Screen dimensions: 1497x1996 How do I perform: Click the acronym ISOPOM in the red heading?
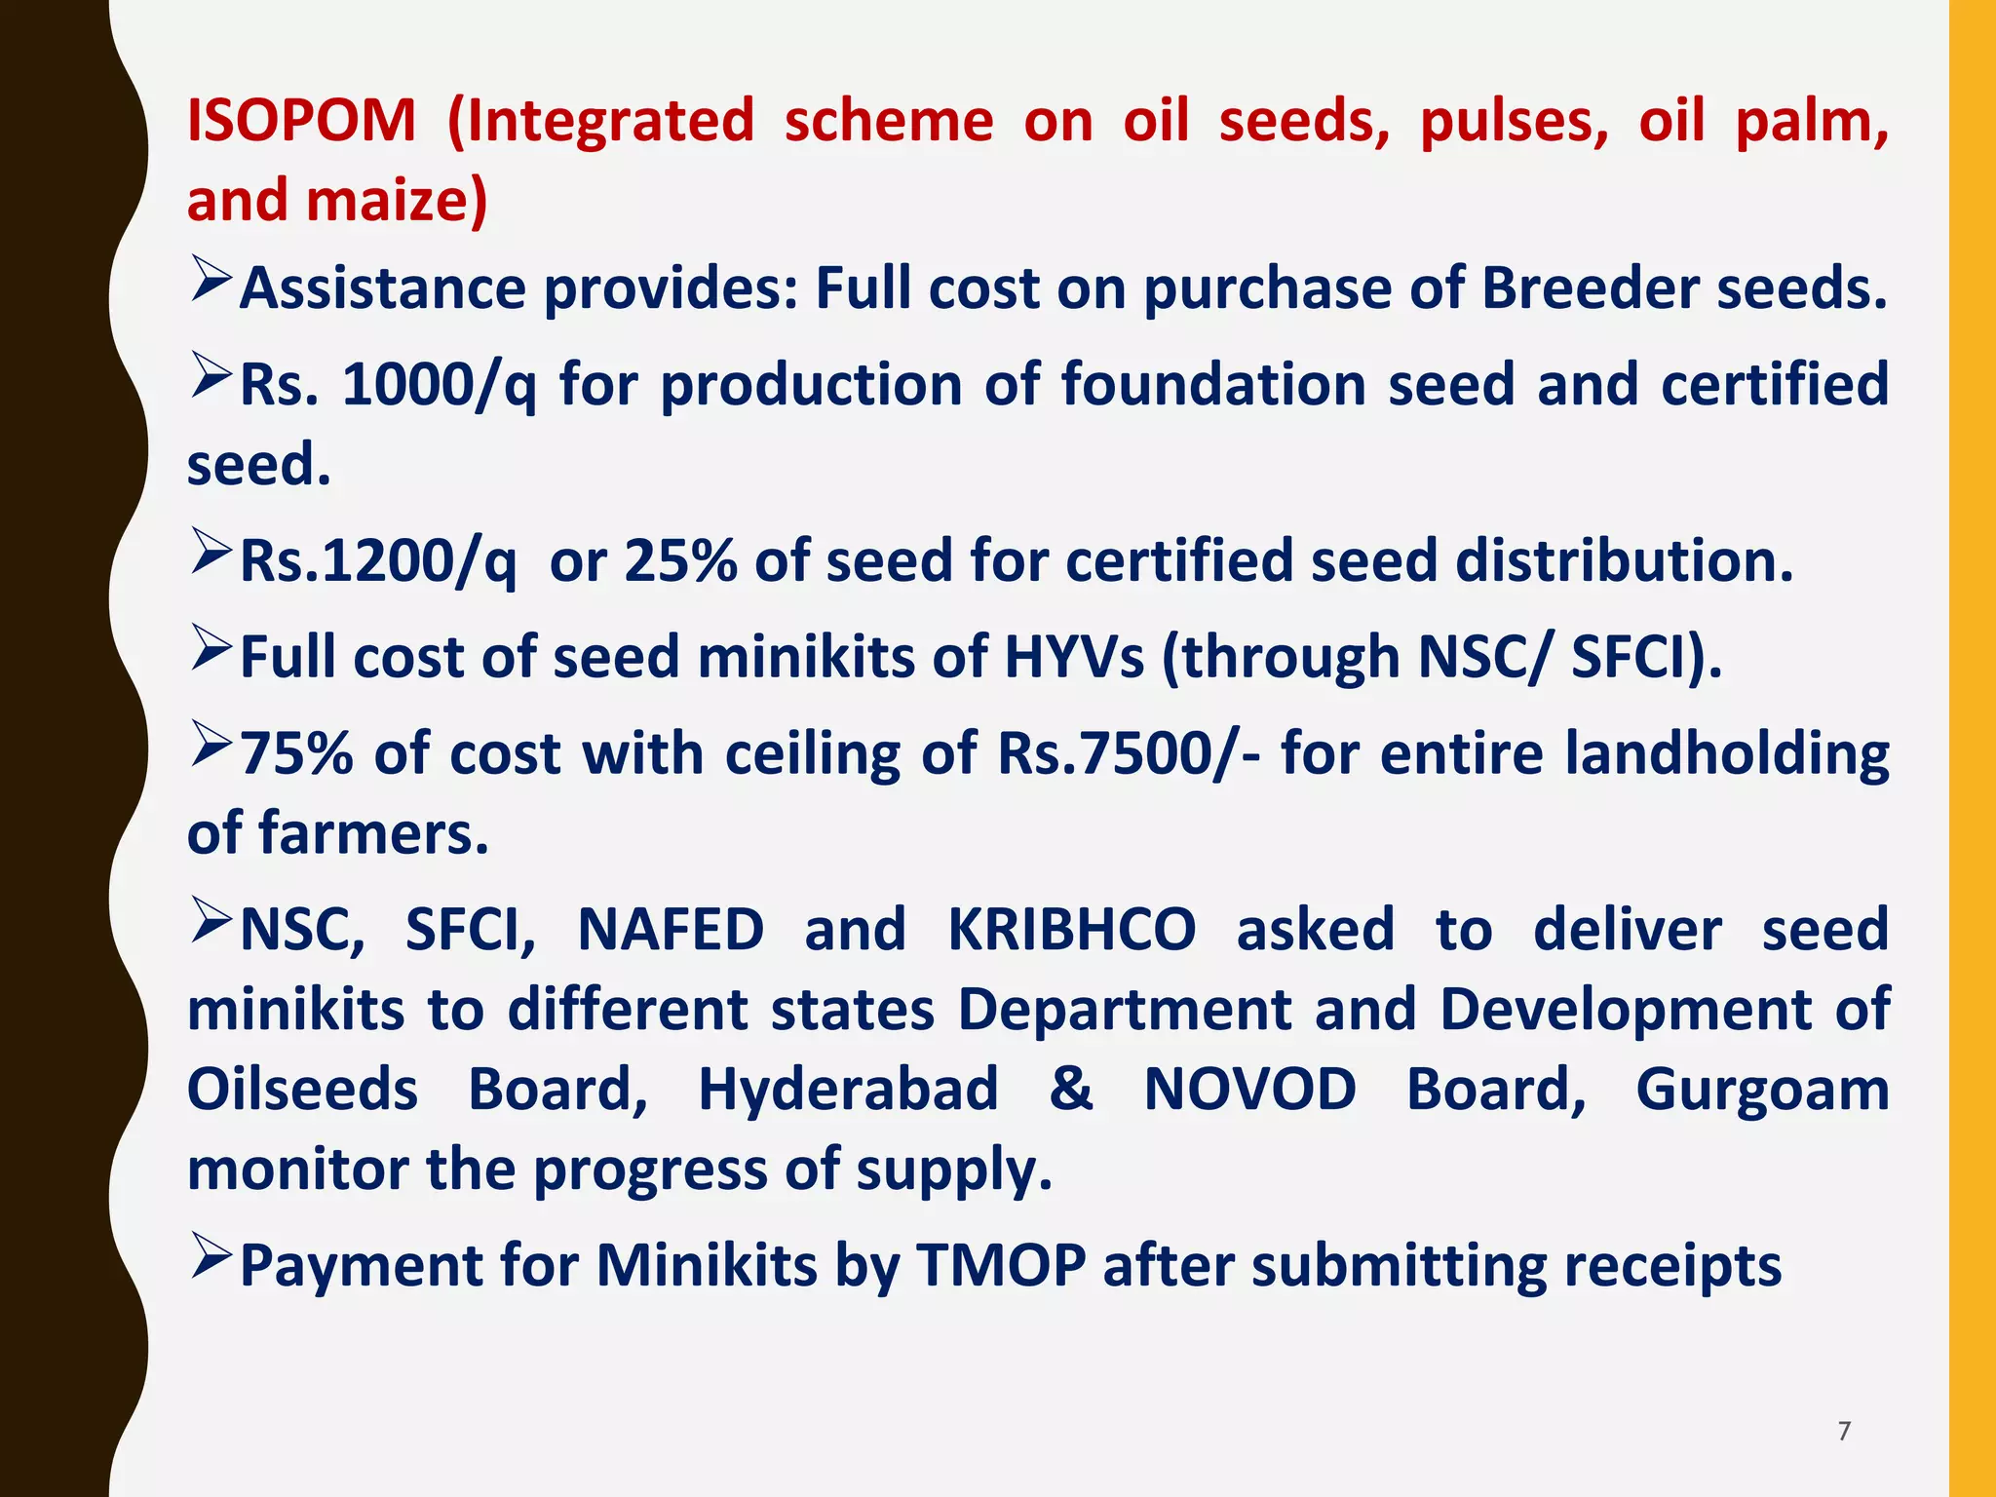[301, 121]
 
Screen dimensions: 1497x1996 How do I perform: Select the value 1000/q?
[439, 385]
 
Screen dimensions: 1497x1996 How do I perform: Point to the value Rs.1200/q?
[378, 562]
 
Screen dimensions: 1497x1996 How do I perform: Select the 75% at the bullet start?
[296, 754]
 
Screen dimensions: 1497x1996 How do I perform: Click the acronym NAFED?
[671, 930]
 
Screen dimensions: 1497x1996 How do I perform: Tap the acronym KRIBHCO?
[1071, 930]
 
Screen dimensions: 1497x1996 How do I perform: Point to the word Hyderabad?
[848, 1090]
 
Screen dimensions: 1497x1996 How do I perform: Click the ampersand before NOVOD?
[1070, 1090]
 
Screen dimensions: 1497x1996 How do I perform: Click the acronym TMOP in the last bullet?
[1001, 1266]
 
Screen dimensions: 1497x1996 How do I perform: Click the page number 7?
[1844, 1431]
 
